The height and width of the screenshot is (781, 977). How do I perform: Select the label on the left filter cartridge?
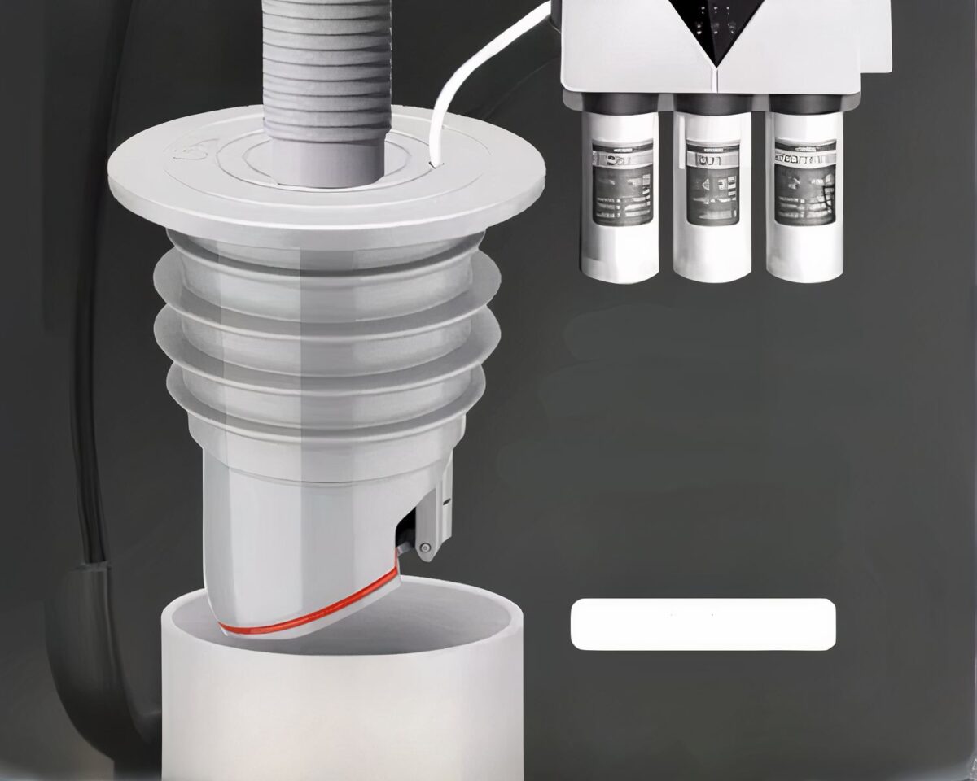(x=621, y=184)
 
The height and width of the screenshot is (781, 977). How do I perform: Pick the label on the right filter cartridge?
(x=804, y=183)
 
